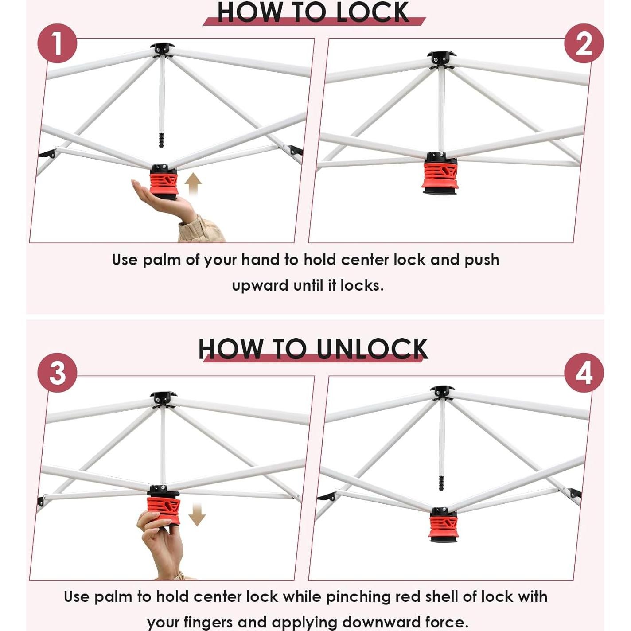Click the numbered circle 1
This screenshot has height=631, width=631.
coord(58,43)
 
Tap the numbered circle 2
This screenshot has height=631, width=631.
coord(584,43)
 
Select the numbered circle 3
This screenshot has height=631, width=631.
coord(58,372)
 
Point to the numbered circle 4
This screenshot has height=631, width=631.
coord(584,373)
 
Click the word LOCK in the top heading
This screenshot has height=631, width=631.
coord(372,12)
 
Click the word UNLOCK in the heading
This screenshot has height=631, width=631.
coord(372,349)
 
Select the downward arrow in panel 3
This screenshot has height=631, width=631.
coord(197,514)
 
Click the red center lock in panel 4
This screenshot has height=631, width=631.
coord(443,526)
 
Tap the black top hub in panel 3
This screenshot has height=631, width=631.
coord(163,397)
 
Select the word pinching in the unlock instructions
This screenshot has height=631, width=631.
coord(358,597)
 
